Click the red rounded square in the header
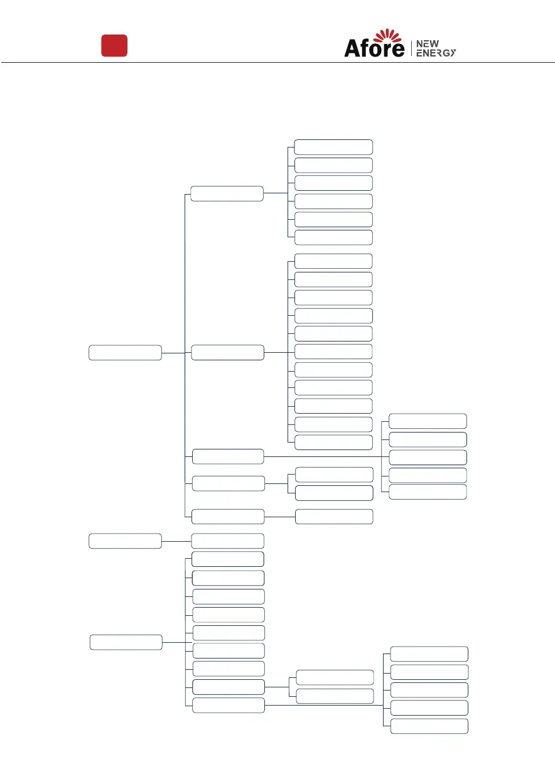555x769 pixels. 115,46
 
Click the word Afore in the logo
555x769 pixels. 374,48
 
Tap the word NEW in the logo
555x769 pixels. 428,43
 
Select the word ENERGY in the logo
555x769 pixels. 436,53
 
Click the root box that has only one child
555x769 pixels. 125,540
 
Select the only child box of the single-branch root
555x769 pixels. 227,540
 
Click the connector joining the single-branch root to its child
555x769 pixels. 176,540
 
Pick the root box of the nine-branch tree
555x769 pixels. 126,642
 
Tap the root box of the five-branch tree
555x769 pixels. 125,352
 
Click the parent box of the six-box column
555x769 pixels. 227,193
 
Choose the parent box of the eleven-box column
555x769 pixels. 227,352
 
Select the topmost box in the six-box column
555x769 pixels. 333,147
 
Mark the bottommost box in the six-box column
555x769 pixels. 333,237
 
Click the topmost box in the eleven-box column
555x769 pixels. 333,261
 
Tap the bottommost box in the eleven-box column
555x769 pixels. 333,442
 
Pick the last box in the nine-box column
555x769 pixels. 227,705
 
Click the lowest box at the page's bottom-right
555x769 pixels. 429,726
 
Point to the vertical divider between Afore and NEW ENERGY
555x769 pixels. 411,48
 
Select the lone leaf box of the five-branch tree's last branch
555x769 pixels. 333,517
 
